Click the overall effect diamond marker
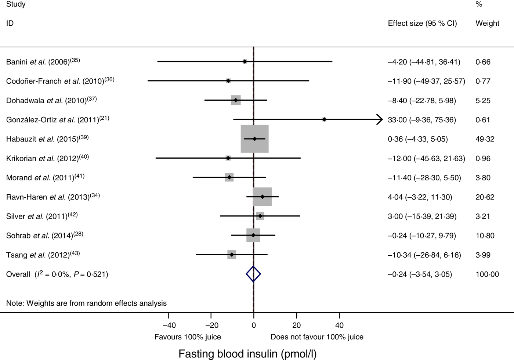tap(253, 274)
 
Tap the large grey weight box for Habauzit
tap(254, 139)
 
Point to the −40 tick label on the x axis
tap(169, 325)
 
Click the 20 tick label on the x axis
tap(296, 325)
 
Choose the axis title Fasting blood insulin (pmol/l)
tap(247, 354)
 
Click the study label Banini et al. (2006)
tap(43, 62)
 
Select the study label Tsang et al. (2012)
tap(43, 255)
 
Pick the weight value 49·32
tap(485, 139)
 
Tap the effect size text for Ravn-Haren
tap(420, 197)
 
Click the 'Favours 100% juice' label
tap(188, 337)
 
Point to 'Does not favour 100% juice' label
tap(317, 337)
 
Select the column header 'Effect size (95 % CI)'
tap(422, 24)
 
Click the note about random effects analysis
tap(86, 303)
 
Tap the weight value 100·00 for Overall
tap(487, 274)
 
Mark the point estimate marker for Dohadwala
tap(236, 100)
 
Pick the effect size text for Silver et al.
tap(422, 216)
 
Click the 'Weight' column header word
tap(487, 24)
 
